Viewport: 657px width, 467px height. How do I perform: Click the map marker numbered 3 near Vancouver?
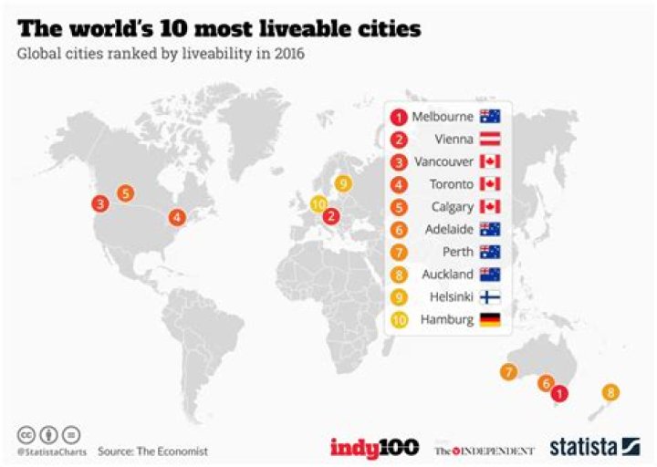99,204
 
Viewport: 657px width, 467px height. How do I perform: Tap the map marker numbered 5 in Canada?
126,193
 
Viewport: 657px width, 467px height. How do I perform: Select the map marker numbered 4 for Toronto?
176,218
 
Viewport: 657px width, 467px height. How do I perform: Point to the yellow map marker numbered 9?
343,183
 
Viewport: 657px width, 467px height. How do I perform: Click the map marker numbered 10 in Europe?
318,203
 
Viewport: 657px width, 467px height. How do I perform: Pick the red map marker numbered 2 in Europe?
332,217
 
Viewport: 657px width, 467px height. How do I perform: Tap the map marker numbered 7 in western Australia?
508,371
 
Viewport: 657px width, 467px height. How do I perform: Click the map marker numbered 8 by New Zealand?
610,393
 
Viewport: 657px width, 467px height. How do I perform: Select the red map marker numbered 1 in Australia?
560,393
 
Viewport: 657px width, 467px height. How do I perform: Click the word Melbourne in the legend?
443,117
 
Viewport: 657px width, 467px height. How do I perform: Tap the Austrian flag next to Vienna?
490,140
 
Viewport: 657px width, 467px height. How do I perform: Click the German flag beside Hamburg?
490,319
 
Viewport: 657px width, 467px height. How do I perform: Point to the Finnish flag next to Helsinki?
490,296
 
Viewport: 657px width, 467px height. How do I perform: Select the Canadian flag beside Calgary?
490,206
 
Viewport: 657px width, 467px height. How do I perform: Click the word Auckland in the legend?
447,274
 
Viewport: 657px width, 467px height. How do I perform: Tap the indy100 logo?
374,447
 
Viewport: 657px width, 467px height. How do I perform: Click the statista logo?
594,447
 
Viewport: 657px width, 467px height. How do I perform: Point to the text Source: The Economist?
152,451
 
